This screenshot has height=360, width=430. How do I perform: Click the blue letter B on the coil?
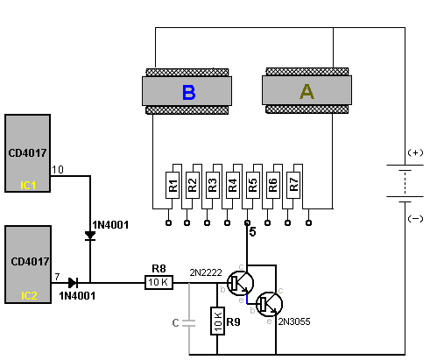tap(188, 92)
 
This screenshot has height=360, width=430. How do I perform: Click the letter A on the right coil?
tap(307, 92)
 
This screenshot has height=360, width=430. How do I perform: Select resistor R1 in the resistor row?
tap(173, 186)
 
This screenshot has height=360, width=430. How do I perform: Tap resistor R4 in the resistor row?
tap(233, 186)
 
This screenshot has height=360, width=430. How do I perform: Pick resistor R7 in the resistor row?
tap(293, 186)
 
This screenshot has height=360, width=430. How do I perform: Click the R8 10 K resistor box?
tap(159, 282)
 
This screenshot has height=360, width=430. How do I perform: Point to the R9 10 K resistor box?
tap(217, 321)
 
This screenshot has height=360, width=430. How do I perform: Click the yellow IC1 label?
tap(28, 185)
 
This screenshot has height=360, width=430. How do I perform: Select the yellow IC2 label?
tap(29, 296)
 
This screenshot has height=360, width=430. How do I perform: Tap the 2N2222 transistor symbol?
tap(240, 283)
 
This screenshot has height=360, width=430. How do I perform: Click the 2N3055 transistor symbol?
tap(269, 304)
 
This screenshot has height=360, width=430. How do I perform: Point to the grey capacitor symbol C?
tap(188, 323)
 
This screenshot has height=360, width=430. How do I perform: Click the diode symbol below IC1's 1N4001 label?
tap(90, 236)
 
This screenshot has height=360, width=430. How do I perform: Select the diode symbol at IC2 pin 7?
tap(73, 283)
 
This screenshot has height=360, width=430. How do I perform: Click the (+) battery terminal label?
tap(415, 152)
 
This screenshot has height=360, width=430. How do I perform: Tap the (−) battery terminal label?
tap(415, 218)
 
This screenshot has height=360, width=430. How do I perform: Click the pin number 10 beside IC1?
tap(58, 170)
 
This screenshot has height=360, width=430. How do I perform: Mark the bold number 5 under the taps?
tap(252, 232)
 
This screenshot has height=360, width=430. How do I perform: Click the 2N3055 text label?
tap(294, 321)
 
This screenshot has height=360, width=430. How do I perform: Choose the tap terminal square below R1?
tap(168, 223)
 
